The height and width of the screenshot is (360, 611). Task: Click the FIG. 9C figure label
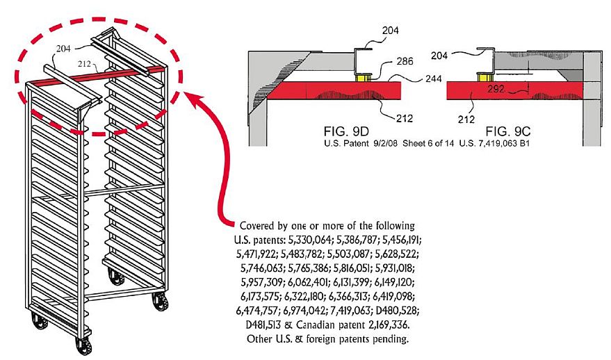click(510, 131)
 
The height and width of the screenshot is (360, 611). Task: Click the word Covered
click(260, 227)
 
